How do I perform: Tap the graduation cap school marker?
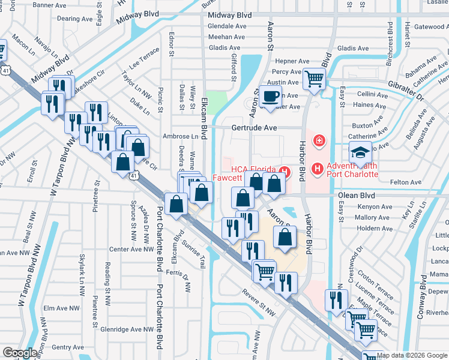pos(360,153)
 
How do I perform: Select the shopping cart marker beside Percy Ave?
pos(314,78)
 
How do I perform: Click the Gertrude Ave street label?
pos(255,128)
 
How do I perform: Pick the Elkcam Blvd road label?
pos(204,117)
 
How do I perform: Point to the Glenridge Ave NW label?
pos(127,329)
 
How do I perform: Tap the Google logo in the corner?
pos(20,353)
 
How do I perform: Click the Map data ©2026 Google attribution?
pos(412,355)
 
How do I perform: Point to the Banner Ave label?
pos(50,5)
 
